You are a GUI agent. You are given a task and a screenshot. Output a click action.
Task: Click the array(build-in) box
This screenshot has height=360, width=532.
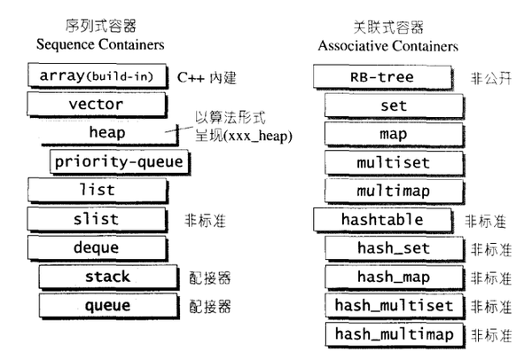[98, 75]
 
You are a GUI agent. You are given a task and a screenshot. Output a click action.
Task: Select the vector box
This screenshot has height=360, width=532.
[97, 105]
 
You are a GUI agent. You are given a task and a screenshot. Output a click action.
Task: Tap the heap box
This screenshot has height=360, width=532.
[109, 133]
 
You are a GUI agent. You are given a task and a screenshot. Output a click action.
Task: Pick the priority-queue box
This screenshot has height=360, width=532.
[120, 162]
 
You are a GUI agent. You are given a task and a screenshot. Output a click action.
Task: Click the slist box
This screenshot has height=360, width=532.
[97, 220]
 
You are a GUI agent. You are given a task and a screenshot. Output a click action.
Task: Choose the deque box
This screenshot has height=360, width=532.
[98, 248]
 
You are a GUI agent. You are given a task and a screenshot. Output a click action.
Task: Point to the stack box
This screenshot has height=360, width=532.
[108, 277]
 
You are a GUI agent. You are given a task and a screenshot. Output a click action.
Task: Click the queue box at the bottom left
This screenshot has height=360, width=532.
[108, 306]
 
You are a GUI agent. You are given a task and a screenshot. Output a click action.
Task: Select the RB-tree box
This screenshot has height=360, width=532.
[383, 77]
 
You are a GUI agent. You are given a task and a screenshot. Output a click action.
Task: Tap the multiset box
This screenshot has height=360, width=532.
[395, 163]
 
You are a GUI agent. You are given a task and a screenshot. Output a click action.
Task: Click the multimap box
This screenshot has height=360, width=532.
[395, 192]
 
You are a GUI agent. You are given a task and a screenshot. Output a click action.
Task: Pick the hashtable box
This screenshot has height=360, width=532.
[383, 220]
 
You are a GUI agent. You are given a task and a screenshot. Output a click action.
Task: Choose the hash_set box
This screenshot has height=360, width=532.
[395, 248]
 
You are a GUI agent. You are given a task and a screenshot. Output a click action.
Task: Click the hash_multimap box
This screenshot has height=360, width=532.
[395, 335]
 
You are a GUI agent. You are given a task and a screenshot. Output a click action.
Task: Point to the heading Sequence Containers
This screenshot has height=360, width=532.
[100, 45]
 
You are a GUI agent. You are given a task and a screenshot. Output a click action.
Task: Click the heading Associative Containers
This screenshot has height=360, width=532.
[388, 46]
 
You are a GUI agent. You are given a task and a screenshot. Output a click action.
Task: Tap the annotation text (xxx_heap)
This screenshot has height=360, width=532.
[258, 136]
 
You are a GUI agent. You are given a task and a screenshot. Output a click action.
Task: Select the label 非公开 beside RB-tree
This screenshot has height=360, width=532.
[490, 79]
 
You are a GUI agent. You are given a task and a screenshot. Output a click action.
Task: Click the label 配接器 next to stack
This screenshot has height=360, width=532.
[209, 278]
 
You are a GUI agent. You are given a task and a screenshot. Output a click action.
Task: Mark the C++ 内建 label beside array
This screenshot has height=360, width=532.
[207, 78]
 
